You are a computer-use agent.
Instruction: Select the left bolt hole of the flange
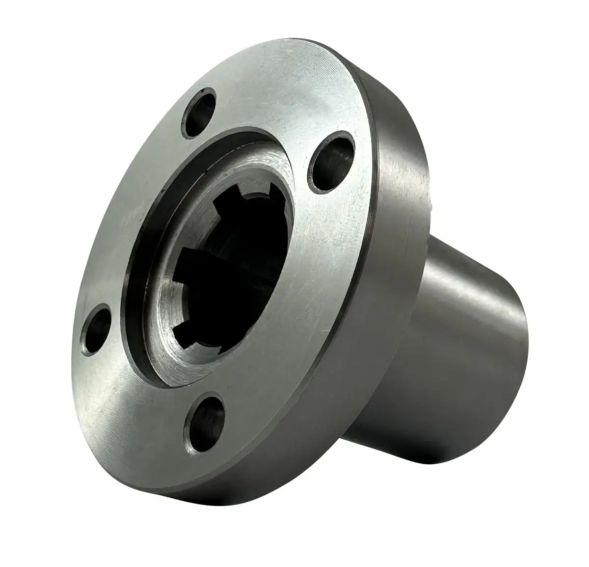tap(97, 330)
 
